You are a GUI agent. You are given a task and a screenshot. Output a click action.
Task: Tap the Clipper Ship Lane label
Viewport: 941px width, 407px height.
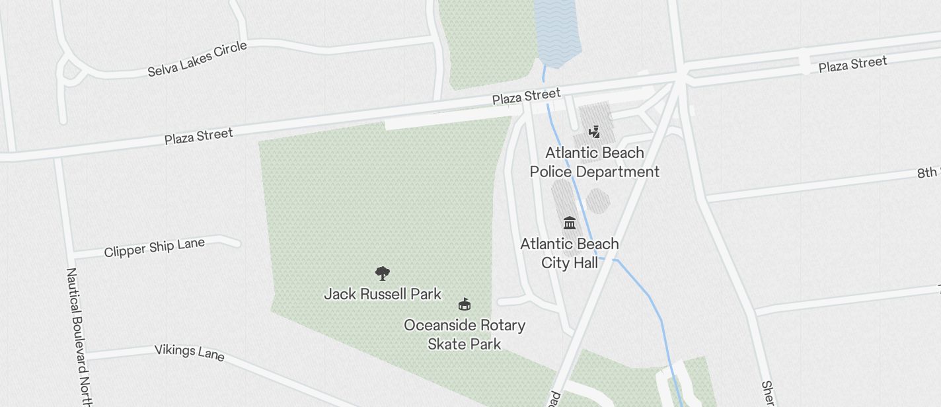pos(154,248)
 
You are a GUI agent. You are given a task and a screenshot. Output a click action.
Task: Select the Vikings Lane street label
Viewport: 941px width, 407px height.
pos(189,352)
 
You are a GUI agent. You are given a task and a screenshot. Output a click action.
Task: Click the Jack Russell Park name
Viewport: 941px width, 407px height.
pos(383,294)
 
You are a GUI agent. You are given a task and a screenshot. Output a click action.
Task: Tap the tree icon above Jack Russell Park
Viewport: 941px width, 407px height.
pos(382,273)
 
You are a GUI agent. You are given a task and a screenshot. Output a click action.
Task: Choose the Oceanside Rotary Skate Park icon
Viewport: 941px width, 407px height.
pos(465,305)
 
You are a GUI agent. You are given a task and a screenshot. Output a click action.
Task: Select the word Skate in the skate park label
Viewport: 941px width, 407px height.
pos(446,344)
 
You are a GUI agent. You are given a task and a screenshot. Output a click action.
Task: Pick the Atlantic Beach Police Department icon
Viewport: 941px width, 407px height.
pos(595,131)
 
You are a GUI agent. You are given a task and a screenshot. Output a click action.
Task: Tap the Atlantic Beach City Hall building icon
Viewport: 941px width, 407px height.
pos(570,223)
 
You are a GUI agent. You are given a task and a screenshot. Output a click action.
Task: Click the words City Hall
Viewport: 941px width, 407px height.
pos(570,263)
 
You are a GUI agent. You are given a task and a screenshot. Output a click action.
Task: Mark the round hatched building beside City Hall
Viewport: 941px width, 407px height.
pos(598,201)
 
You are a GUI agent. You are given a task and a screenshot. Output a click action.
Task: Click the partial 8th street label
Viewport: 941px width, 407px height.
pos(928,172)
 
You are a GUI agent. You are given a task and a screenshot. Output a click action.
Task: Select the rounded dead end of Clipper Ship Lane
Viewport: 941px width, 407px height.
pos(235,241)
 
